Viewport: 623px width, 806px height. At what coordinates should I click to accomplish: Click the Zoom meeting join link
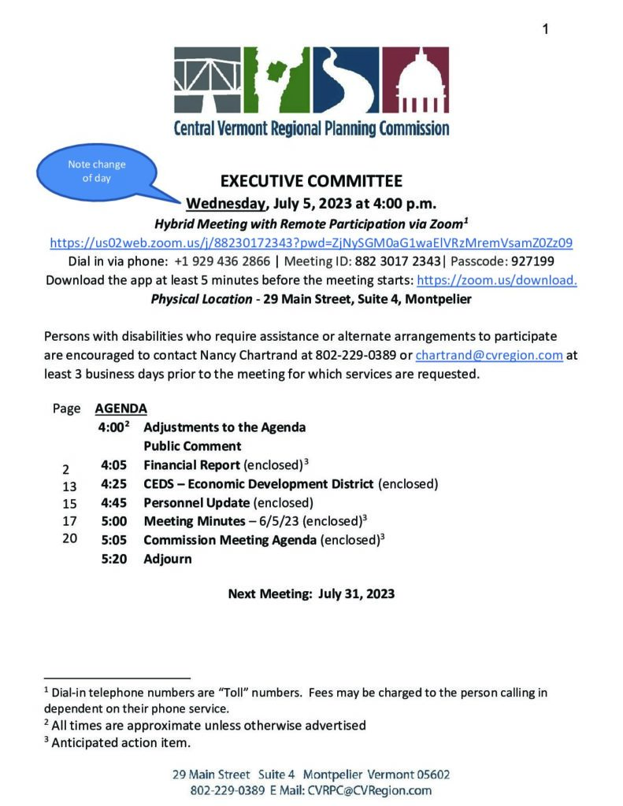click(311, 242)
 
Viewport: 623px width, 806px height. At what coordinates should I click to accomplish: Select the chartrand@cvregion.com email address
click(488, 355)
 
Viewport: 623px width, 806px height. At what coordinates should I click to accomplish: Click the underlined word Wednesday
click(225, 204)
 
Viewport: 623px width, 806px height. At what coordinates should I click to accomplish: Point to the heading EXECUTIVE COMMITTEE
click(311, 181)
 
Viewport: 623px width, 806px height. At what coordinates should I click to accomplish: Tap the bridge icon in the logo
click(206, 81)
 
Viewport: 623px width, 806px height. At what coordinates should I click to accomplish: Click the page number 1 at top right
click(545, 29)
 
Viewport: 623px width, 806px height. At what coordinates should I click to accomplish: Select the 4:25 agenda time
click(114, 483)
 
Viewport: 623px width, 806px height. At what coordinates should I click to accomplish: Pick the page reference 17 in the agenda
click(69, 521)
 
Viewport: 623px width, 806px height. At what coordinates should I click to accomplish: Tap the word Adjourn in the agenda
click(167, 559)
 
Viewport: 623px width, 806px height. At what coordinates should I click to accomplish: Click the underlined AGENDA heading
click(121, 409)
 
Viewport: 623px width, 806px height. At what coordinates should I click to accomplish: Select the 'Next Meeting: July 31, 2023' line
click(311, 593)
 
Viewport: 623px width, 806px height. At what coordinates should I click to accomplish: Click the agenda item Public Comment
click(192, 446)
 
